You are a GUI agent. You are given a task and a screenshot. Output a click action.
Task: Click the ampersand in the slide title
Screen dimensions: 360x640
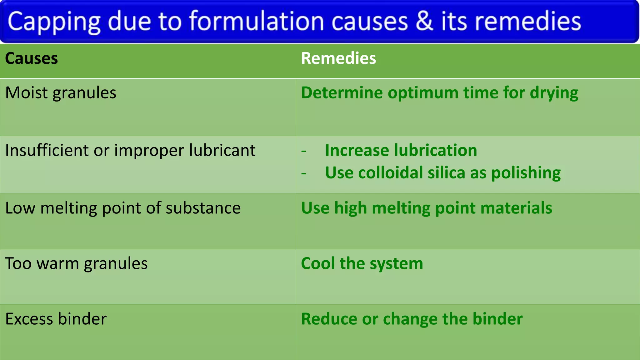click(x=424, y=21)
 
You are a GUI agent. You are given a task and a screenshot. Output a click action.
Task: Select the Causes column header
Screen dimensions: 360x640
click(x=32, y=58)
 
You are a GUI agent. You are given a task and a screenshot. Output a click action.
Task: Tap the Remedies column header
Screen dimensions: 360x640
click(x=338, y=58)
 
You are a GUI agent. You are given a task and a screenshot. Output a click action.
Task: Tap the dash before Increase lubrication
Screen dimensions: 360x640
click(x=304, y=151)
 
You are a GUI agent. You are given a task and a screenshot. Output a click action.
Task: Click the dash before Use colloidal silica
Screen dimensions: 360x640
click(x=304, y=173)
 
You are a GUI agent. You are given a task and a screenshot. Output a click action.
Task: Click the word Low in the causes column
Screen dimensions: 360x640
click(x=20, y=208)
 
